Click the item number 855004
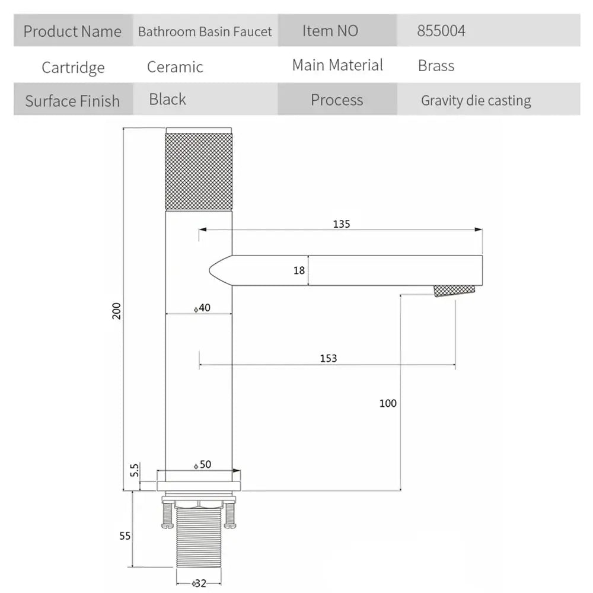coord(441,31)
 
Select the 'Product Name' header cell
coord(73,31)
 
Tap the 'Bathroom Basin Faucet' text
coord(205,31)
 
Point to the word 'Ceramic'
coord(175,67)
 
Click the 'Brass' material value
coord(436,66)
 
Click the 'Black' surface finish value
coord(168,100)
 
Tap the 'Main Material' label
coord(337,65)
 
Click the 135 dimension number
coord(342,224)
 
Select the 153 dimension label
coord(329,358)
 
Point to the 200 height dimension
coord(116,311)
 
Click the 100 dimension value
coord(388,403)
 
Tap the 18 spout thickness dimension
coord(299,270)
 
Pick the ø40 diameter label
coord(202,308)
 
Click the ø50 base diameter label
coord(202,464)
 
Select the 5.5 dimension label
coord(134,470)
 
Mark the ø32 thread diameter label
coord(199,584)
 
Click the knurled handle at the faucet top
coord(199,168)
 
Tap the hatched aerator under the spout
coord(454,291)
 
